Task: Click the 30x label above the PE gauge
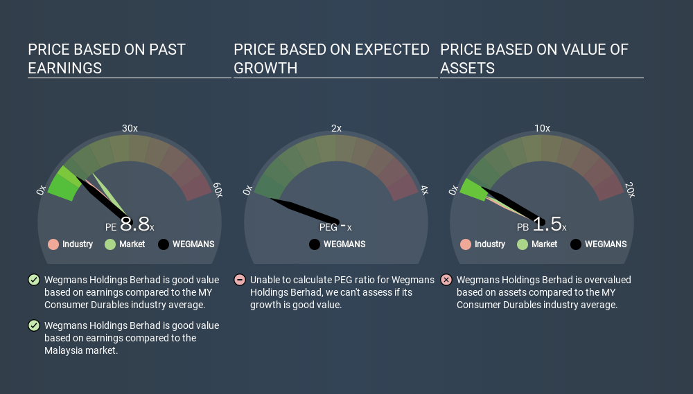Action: click(130, 128)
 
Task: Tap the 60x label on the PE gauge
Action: click(218, 190)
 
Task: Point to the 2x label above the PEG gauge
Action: click(336, 128)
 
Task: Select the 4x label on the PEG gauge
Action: click(424, 190)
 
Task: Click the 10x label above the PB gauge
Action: click(543, 128)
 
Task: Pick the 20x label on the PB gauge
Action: click(630, 190)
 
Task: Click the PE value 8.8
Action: click(135, 224)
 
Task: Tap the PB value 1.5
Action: click(547, 224)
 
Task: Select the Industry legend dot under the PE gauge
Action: click(53, 244)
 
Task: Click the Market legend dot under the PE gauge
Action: click(110, 244)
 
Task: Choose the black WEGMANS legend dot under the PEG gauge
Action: click(315, 244)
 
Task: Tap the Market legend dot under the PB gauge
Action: click(523, 244)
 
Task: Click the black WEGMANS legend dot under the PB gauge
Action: click(576, 244)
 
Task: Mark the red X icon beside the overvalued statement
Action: click(446, 280)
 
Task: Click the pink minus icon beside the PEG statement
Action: click(240, 280)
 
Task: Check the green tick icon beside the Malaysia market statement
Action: click(34, 325)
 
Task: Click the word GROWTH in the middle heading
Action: click(265, 69)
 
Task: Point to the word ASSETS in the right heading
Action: click(467, 69)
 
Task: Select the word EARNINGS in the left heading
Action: click(65, 69)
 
